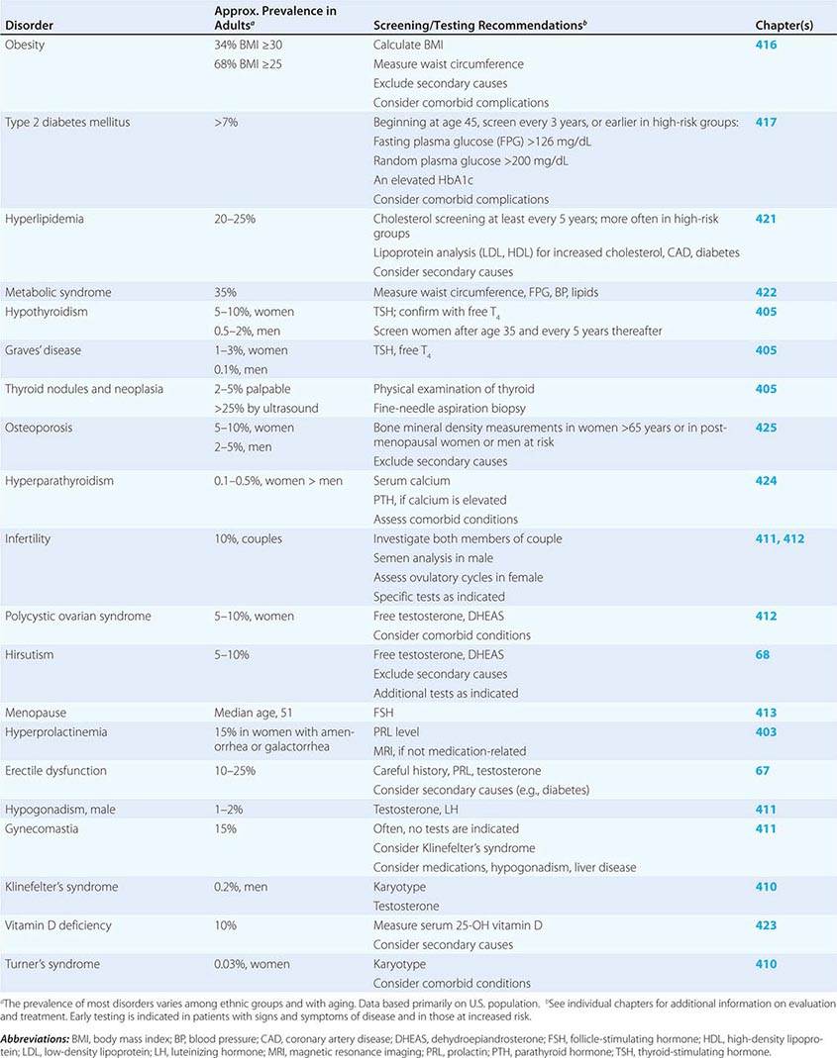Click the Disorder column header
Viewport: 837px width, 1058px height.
[29, 25]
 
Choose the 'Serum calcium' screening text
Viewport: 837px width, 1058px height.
[411, 481]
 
